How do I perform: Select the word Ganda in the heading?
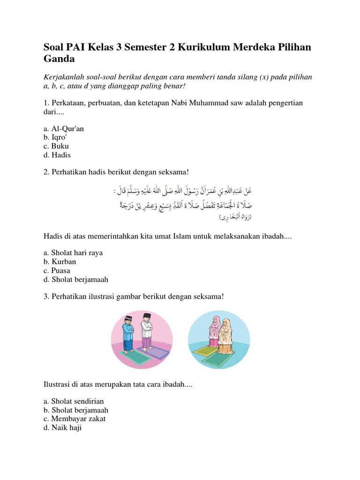click(x=59, y=60)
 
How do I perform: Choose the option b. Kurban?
click(x=59, y=262)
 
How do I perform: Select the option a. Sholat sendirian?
click(x=73, y=401)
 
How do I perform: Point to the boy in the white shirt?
click(x=147, y=331)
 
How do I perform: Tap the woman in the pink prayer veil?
click(x=215, y=331)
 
